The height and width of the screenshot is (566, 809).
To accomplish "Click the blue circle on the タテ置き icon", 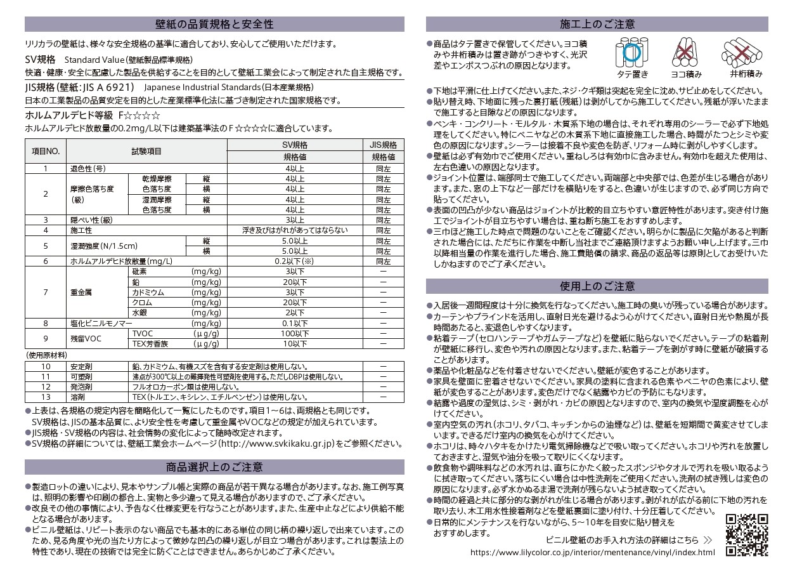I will [x=631, y=52].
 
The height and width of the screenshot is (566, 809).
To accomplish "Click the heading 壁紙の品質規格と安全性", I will [x=214, y=24].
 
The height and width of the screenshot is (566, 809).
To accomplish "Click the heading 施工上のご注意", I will [x=597, y=24].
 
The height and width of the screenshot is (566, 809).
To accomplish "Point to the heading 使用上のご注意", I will [x=597, y=286].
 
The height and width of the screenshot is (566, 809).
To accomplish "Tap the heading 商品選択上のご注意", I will [x=214, y=467].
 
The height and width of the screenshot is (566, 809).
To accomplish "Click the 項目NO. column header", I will [x=46, y=151].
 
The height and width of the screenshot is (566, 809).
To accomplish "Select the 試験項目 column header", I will [x=146, y=151].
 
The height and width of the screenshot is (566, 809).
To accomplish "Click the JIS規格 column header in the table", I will [x=383, y=145].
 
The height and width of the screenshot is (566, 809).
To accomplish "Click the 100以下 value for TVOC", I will [x=295, y=334].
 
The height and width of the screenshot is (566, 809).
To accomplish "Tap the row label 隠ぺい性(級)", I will [x=91, y=220].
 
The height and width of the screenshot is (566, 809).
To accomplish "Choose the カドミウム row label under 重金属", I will [x=148, y=293].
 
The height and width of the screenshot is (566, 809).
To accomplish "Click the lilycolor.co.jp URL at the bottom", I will [x=593, y=552].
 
